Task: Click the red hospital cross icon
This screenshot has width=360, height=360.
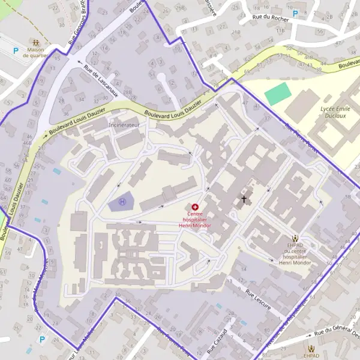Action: tap(195, 206)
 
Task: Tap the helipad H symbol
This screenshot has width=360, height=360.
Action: tap(122, 202)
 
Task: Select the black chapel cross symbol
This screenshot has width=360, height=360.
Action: tap(244, 198)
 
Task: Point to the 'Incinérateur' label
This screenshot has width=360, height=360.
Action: tap(124, 125)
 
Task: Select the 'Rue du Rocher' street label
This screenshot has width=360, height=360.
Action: tap(271, 19)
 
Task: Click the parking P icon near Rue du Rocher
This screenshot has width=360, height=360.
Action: tap(295, 13)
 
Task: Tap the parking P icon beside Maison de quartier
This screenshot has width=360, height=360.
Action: tap(15, 50)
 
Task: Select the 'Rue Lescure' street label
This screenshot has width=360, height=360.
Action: tap(258, 299)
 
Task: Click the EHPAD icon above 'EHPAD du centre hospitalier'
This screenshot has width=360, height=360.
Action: tap(295, 238)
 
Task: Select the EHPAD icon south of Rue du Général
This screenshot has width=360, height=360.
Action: tap(311, 348)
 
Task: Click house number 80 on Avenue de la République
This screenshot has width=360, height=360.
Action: tap(266, 331)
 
